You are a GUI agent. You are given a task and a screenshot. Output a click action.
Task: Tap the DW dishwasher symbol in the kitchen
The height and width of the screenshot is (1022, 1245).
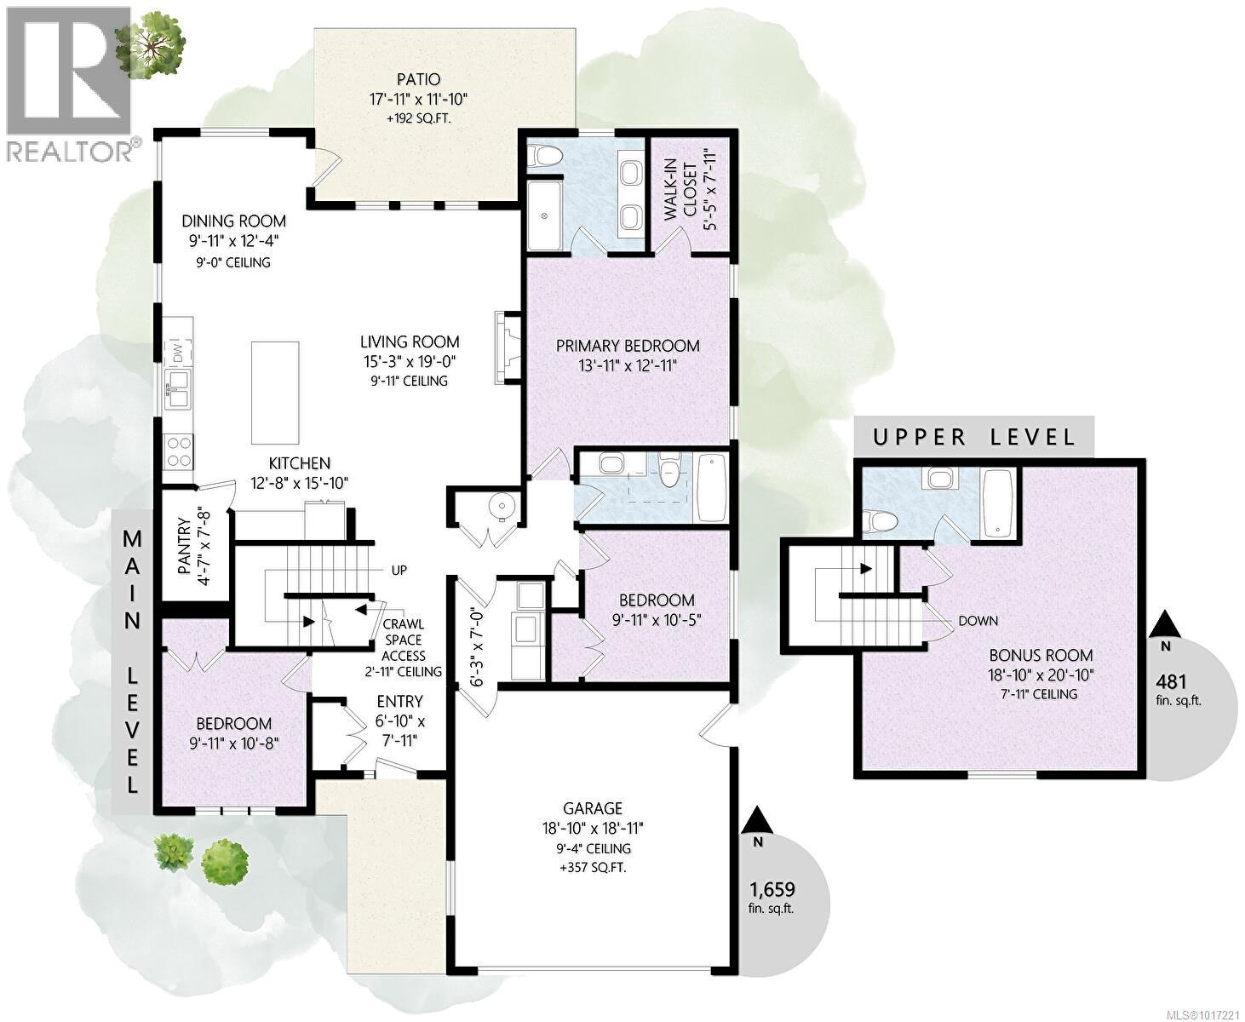click(x=179, y=352)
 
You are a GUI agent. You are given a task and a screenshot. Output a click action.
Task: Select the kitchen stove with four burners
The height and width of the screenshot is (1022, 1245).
click(x=179, y=451)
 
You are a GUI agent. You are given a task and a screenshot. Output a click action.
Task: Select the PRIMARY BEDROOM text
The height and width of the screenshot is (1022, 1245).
click(x=628, y=346)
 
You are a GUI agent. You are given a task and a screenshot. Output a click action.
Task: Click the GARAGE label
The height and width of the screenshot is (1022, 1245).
click(x=592, y=808)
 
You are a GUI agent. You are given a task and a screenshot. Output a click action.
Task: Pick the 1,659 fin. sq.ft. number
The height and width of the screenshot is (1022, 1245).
click(x=772, y=890)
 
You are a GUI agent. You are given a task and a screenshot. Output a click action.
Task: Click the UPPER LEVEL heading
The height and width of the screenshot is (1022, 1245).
click(x=974, y=438)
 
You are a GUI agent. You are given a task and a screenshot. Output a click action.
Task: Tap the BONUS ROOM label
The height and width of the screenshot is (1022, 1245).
click(x=1041, y=656)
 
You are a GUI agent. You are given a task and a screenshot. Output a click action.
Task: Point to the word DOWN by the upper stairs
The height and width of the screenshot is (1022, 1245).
click(x=978, y=621)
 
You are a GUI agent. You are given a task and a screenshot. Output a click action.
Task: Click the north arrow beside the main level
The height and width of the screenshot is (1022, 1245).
click(x=757, y=823)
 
